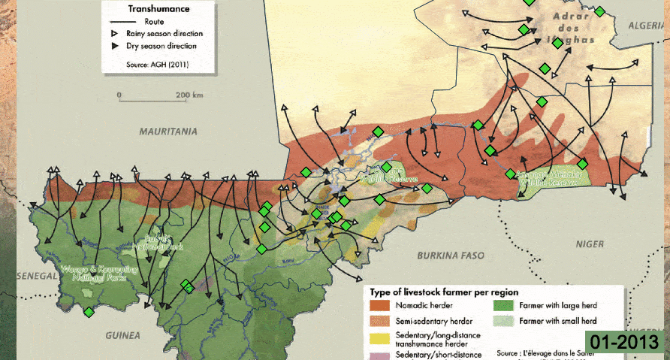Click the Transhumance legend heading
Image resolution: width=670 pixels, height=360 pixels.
click(158, 9)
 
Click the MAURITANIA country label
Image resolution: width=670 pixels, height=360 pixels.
click(167, 131)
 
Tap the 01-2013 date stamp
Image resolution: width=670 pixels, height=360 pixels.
click(625, 342)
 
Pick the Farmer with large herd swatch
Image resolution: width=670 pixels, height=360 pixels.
click(503, 307)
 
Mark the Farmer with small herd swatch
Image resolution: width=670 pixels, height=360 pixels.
click(503, 321)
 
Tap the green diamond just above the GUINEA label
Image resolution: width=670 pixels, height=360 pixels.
click(89, 312)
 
